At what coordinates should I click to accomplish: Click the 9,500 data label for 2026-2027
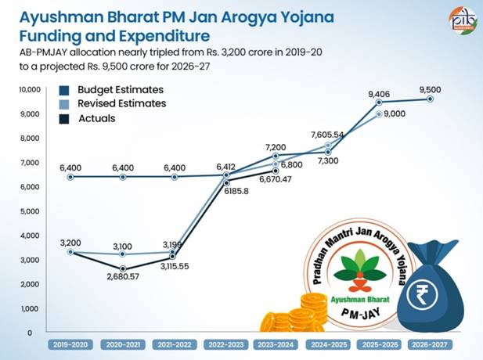pos(431,88)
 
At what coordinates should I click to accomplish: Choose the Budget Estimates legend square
pos(64,89)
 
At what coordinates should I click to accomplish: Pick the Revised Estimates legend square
pos(64,103)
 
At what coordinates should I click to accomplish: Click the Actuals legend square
pos(64,118)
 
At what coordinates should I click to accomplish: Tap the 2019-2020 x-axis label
pos(71,344)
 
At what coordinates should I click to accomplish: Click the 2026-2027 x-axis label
pos(430,344)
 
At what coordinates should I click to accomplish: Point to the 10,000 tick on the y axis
pos(28,90)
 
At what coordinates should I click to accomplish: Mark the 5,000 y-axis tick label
pos(30,211)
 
